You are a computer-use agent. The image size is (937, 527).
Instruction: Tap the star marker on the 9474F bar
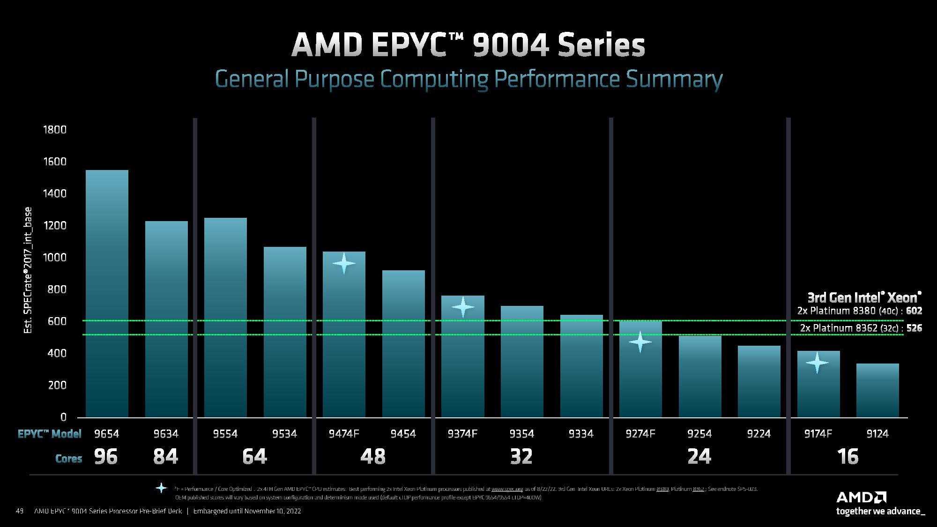344,263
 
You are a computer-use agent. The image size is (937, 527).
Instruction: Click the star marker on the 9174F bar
817,363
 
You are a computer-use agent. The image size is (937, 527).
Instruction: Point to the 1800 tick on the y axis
55,130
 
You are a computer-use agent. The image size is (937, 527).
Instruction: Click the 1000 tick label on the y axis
55,258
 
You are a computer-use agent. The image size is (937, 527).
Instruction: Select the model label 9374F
462,434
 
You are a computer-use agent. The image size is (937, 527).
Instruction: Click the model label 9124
877,434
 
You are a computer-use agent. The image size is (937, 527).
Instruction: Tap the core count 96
106,457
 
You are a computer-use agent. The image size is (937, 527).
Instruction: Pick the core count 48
373,457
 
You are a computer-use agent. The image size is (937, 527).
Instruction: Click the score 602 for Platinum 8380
914,311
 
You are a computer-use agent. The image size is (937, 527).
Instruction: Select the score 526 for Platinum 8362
914,328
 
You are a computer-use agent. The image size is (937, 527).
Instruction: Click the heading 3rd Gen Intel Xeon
864,297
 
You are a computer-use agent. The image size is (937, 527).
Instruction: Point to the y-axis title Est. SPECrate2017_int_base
28,270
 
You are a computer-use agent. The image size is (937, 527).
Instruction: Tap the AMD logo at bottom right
861,497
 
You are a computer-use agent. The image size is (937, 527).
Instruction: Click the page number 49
20,511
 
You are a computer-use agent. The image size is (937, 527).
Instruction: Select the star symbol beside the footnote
161,488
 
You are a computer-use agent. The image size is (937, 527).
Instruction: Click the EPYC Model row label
50,434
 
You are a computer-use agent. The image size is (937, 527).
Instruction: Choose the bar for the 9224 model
759,381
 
